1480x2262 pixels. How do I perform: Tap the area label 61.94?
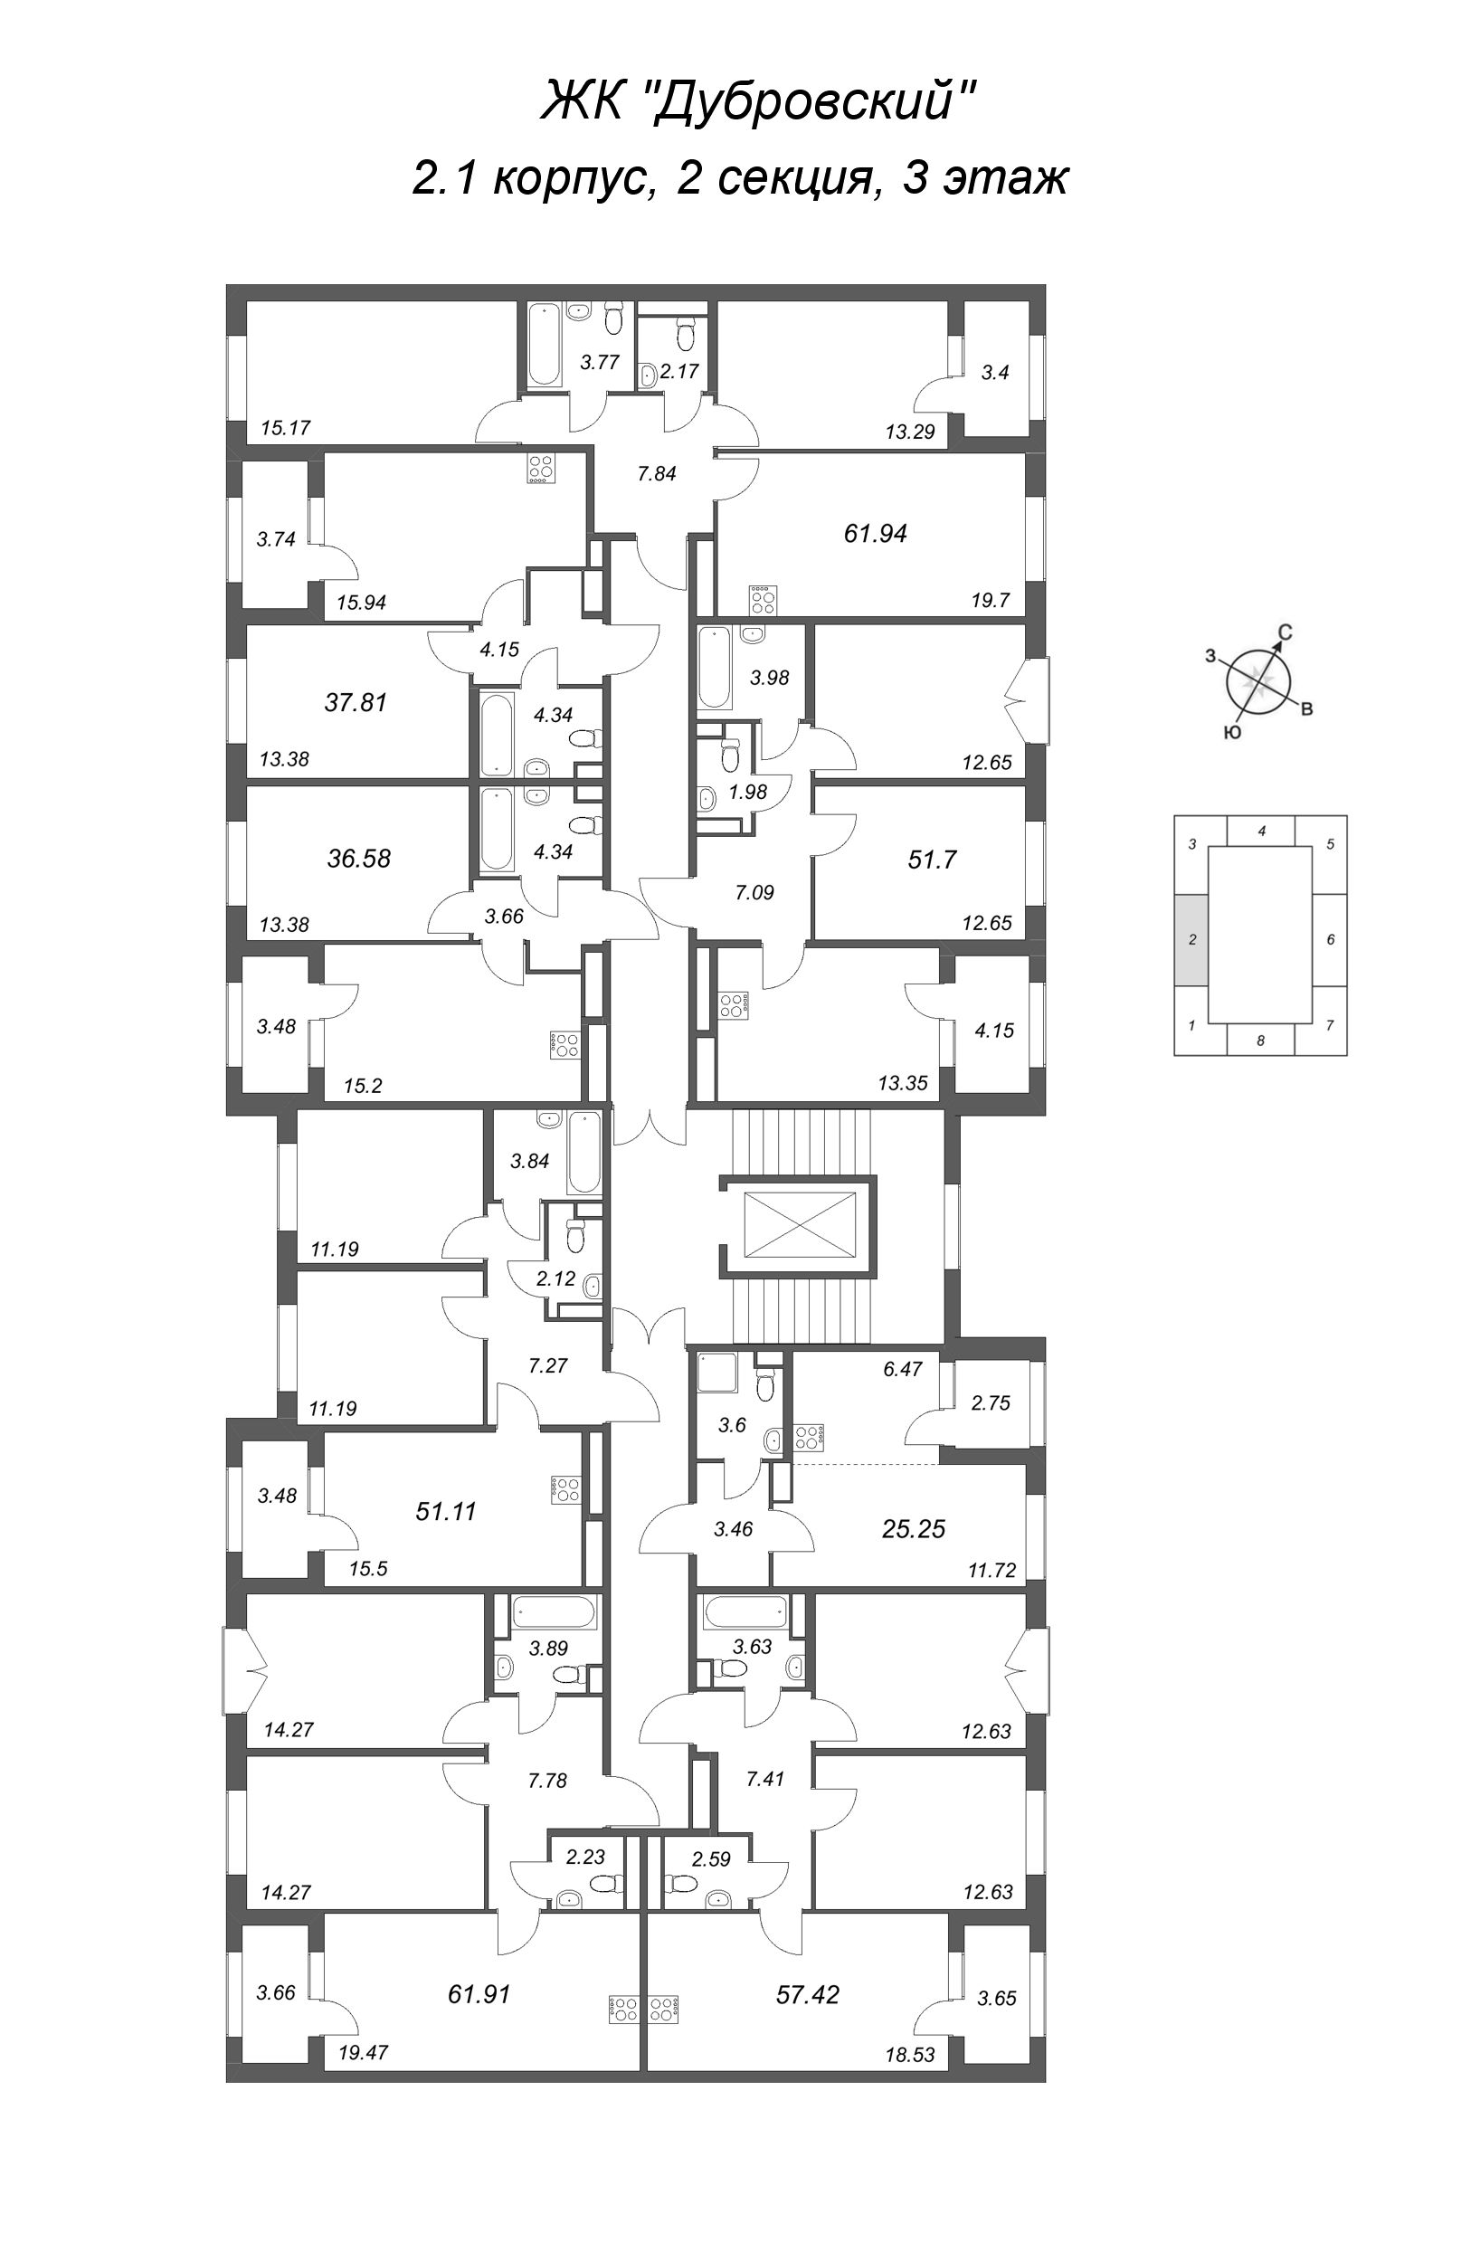pos(875,533)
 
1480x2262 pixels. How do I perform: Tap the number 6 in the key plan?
pos(1330,939)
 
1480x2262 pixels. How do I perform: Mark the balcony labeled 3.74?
pos(276,539)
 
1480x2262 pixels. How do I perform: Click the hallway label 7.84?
pos(656,472)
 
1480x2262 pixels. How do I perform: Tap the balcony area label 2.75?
pos(990,1402)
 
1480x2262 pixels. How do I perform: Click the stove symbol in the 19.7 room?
pos(763,600)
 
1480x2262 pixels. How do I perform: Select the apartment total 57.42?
pos(807,1994)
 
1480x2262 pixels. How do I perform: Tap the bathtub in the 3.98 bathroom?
pos(713,668)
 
